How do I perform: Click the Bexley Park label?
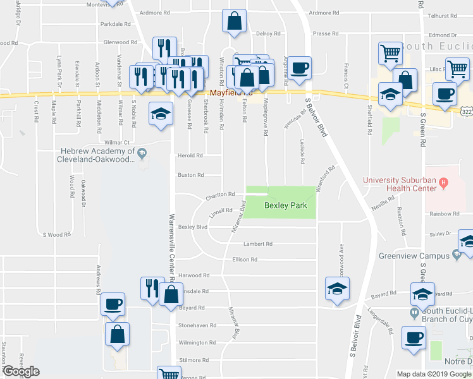[281, 207]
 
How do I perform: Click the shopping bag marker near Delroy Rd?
[234, 21]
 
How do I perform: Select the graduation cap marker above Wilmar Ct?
[161, 115]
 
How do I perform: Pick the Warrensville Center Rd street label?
[171, 247]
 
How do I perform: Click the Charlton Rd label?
[220, 195]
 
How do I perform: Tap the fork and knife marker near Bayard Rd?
[151, 289]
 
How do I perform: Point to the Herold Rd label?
[190, 155]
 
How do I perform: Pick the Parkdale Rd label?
[114, 25]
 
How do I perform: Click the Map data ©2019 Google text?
[433, 374]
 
